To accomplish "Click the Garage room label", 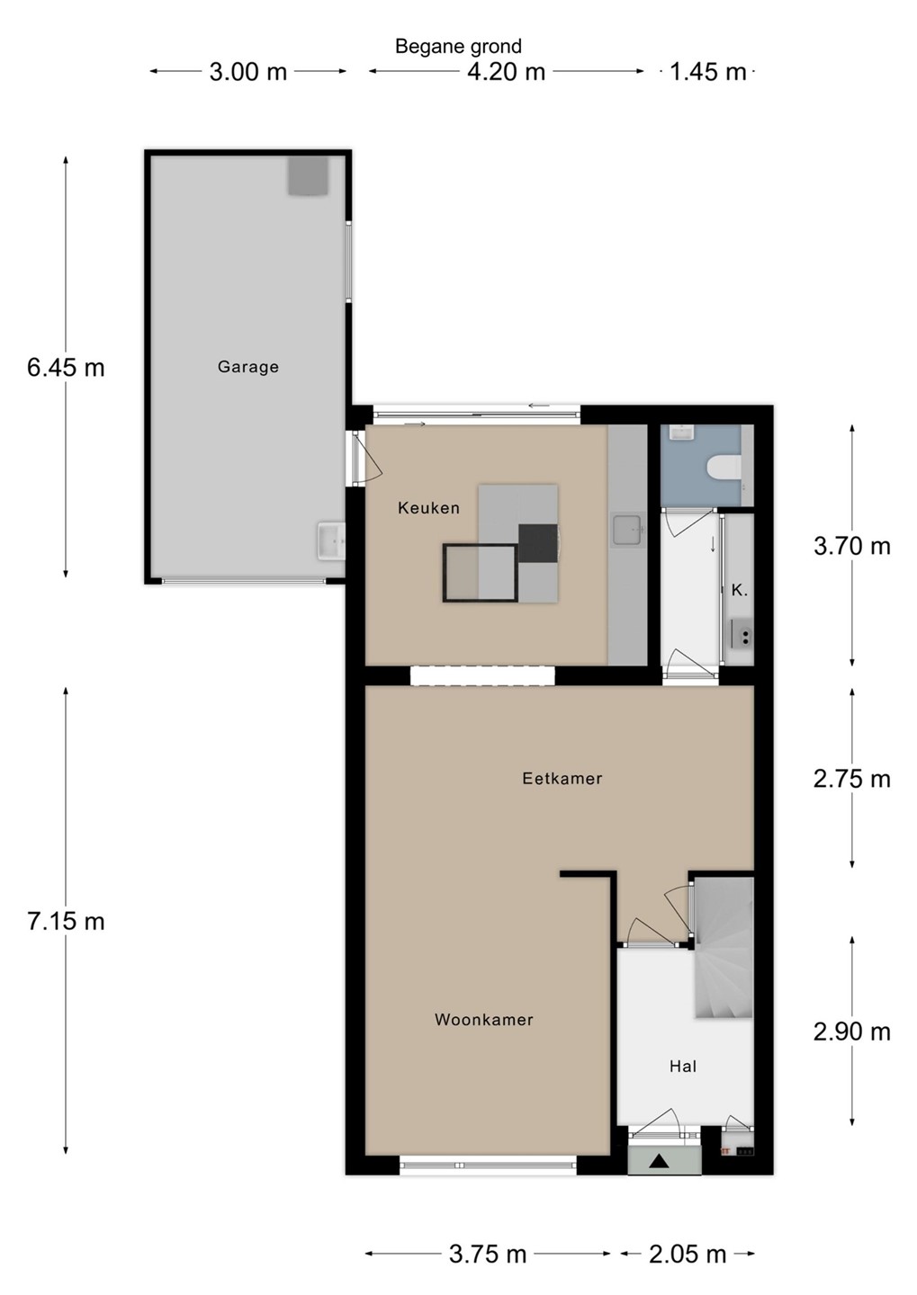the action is [x=248, y=367].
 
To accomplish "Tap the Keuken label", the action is [x=428, y=507].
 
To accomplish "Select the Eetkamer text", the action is [x=562, y=778].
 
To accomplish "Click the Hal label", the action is [x=683, y=1066].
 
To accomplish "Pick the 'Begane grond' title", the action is [x=458, y=46].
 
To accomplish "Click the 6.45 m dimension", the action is [x=66, y=368].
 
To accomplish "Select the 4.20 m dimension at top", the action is [x=507, y=72].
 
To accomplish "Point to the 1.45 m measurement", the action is [x=707, y=72].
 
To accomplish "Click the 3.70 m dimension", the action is [x=851, y=546].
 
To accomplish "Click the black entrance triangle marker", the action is [x=659, y=1160].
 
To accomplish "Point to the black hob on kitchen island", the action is [x=537, y=543].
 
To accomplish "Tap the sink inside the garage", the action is [x=331, y=541].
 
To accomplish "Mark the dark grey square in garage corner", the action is [x=309, y=175].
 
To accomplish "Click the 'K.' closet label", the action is [x=740, y=590].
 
